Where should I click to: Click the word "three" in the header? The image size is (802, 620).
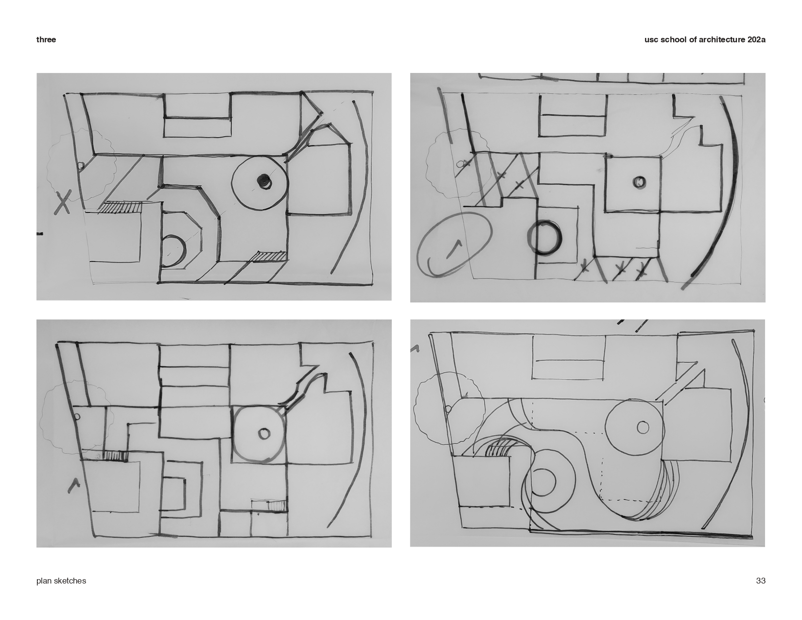click(x=46, y=40)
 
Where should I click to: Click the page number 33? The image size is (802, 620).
click(x=760, y=581)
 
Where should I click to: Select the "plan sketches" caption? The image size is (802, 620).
click(x=61, y=581)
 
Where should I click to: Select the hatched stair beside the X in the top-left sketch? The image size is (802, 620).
click(x=120, y=207)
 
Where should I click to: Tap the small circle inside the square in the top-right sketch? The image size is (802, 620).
click(x=639, y=182)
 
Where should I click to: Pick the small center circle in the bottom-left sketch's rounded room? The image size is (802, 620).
click(x=264, y=433)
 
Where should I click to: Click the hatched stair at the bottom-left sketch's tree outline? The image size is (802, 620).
click(x=115, y=456)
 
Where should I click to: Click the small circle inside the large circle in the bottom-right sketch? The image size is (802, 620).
click(x=643, y=427)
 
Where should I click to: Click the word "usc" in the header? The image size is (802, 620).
click(x=651, y=40)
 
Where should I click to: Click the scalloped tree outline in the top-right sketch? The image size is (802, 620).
click(x=428, y=162)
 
